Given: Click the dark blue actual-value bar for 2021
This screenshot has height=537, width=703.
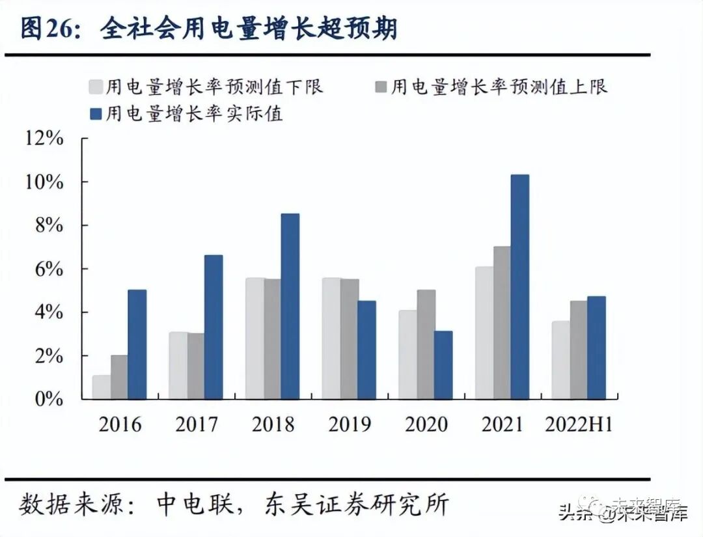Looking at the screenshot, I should point(519,286).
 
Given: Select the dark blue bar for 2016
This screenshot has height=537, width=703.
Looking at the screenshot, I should point(137,344).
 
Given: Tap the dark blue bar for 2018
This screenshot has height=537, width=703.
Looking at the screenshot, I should point(290,306).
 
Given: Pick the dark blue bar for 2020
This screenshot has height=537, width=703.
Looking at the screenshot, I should point(443,365).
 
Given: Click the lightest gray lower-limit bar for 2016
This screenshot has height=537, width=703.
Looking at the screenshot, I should point(101,387).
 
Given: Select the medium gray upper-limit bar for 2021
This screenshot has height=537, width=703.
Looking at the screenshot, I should point(502,322).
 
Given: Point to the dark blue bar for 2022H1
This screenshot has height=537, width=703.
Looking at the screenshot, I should point(596,348).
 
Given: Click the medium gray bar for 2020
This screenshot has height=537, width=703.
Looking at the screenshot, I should point(426,344).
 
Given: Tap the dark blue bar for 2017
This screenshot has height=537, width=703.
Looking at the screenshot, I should point(214,327).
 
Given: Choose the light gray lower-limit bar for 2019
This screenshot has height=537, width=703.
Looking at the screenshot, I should point(331,338).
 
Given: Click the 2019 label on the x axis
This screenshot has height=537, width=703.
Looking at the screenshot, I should point(350,424).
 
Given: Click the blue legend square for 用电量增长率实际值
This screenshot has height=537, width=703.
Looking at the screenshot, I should point(94,115).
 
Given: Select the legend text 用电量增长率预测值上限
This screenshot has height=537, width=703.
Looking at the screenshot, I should point(499,87).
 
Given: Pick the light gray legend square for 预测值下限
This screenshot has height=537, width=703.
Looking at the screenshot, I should point(94,87).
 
